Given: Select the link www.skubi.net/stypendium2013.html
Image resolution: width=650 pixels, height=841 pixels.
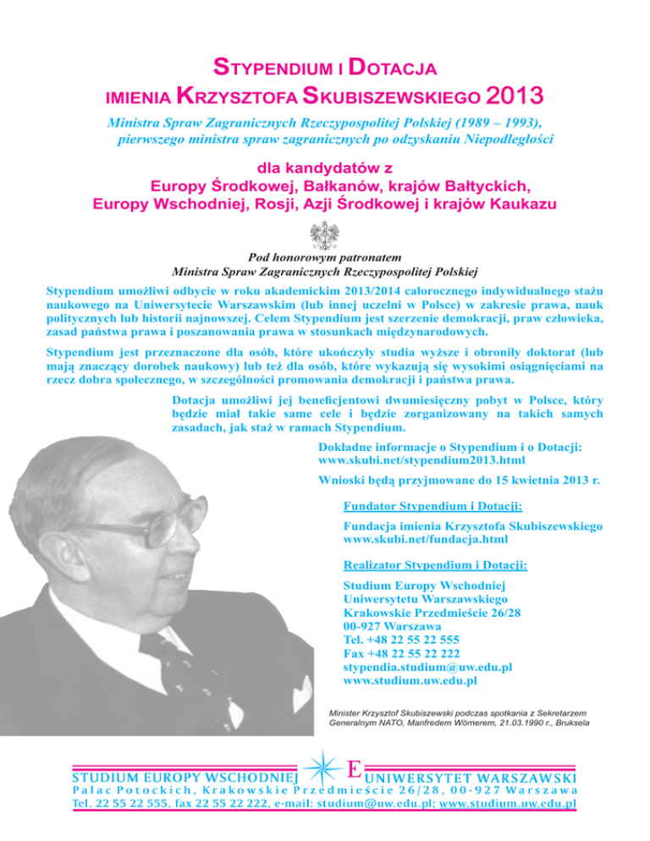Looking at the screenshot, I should coord(421,459).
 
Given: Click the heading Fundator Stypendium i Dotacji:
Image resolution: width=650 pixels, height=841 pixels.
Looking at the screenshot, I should coord(432,507).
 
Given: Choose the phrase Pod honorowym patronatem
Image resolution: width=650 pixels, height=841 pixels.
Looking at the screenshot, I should coord(324,258).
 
